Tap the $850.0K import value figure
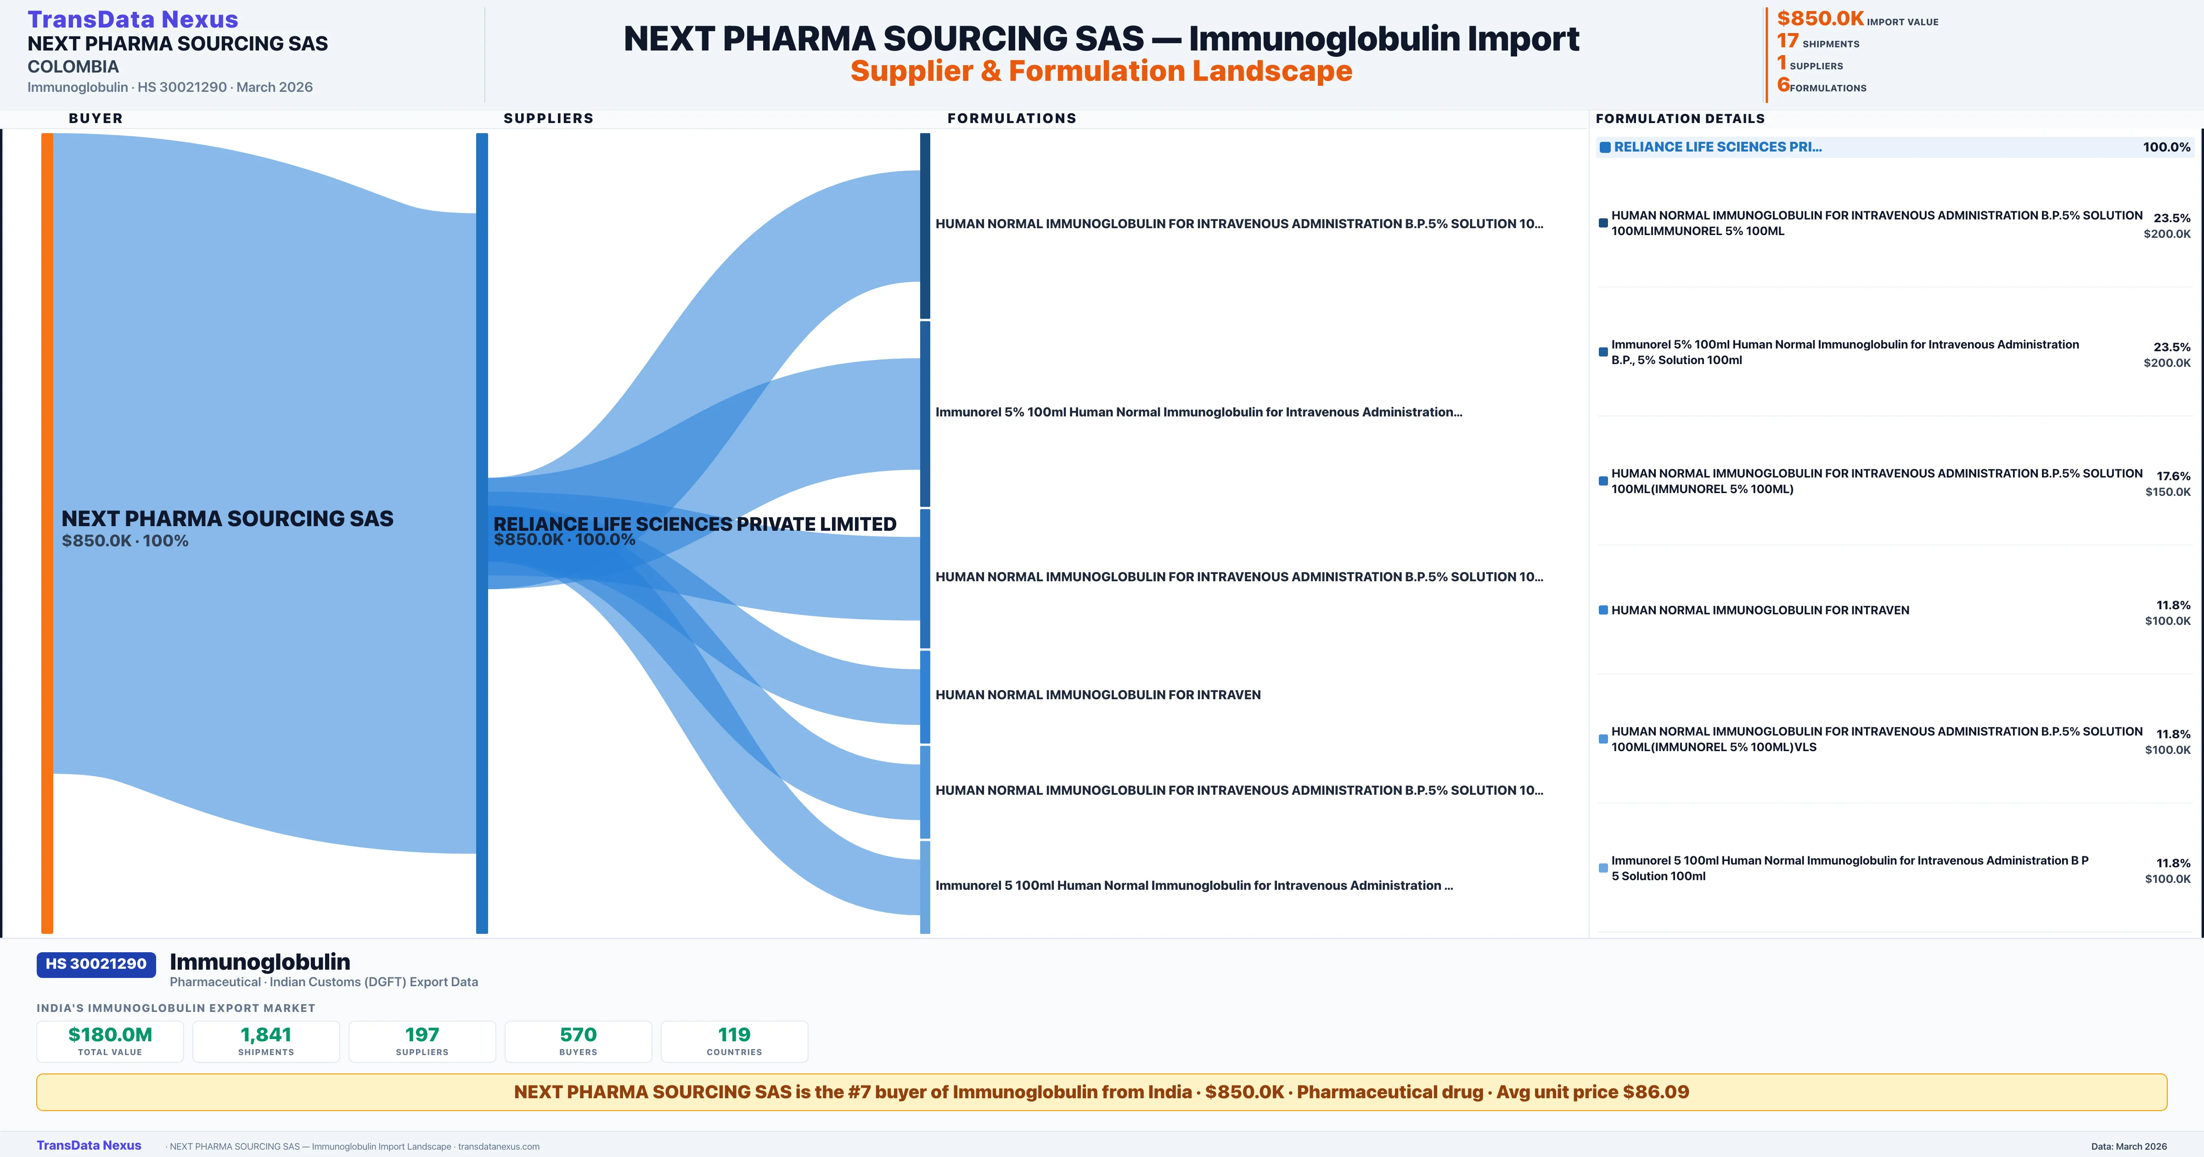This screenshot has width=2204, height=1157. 1820,19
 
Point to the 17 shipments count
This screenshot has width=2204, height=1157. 1788,41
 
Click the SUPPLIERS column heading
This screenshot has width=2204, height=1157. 548,118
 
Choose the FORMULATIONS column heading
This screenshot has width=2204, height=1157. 1011,118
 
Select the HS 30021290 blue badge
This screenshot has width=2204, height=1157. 96,964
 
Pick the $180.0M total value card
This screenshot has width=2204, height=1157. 110,1041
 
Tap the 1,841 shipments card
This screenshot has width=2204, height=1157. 266,1041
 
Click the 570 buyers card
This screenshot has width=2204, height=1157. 579,1041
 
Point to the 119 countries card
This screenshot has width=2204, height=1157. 734,1041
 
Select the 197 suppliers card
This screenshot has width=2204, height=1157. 422,1041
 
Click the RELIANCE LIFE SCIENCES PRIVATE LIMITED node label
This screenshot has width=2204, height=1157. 695,524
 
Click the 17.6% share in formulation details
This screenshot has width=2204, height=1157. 2173,476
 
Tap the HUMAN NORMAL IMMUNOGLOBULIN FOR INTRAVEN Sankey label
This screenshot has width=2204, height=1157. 1098,695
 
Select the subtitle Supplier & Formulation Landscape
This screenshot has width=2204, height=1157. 1101,71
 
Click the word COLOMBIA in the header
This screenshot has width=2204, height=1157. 73,67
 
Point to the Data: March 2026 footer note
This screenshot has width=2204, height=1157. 2129,1146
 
